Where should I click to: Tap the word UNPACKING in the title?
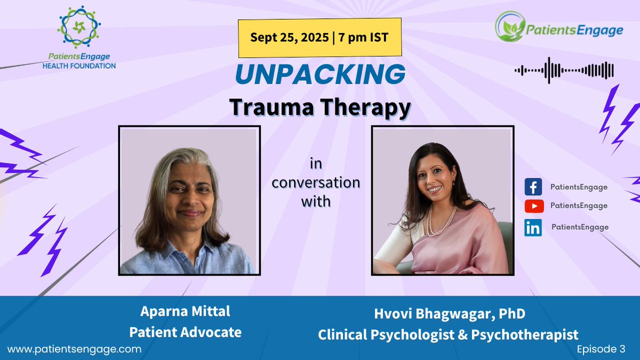pos(319,75)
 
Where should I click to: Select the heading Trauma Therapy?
pos(320,107)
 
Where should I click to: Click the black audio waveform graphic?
pos(564,70)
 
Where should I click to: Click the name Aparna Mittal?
pos(185,311)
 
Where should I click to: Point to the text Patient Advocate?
pos(185,332)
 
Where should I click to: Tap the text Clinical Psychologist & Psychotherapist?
pos(448,335)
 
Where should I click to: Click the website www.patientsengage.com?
pos(75,349)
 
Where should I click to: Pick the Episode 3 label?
pos(601,349)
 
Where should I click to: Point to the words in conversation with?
pos(316,182)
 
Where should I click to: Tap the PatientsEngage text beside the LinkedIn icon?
pos(580,227)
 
